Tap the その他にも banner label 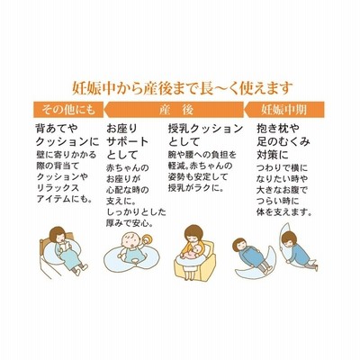[x=68, y=110]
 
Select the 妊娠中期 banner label [x=283, y=110]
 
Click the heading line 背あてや [x=57, y=129]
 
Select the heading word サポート [x=128, y=141]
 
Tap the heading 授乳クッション [x=205, y=129]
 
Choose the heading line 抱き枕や [x=278, y=129]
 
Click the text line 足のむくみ [x=283, y=141]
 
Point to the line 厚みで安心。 [x=130, y=223]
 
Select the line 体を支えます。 [x=283, y=212]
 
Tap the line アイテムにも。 [x=64, y=199]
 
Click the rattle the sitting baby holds [x=148, y=241]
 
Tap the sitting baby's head [x=130, y=240]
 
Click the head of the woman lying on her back [x=239, y=246]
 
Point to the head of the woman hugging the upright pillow [x=289, y=238]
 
